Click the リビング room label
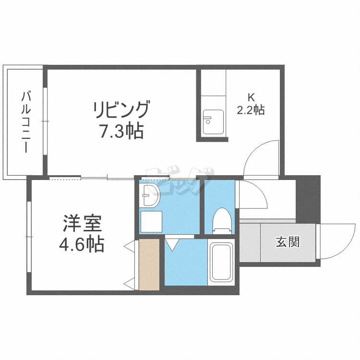(x=121, y=110)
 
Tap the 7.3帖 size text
(x=121, y=131)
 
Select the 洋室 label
(x=81, y=224)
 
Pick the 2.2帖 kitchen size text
(x=251, y=110)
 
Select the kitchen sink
(x=212, y=122)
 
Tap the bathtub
(x=221, y=262)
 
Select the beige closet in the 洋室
(x=149, y=264)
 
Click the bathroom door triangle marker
(x=172, y=245)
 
